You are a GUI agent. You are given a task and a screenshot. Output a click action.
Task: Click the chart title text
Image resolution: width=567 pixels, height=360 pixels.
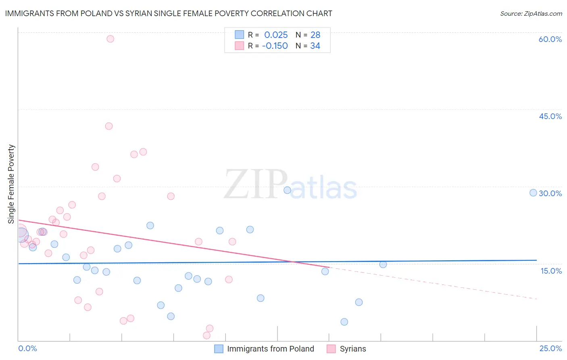pyautogui.click(x=169, y=13)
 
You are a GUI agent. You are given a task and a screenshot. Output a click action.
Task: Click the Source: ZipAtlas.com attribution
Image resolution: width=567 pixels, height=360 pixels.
pyautogui.click(x=531, y=13)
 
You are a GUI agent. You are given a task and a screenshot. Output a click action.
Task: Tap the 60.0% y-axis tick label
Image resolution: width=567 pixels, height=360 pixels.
pyautogui.click(x=550, y=39)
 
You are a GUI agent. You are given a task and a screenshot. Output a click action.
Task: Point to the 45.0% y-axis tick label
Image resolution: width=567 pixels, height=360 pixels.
pyautogui.click(x=550, y=116)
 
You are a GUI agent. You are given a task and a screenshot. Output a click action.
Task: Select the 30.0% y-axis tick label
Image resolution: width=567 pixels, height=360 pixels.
pyautogui.click(x=550, y=193)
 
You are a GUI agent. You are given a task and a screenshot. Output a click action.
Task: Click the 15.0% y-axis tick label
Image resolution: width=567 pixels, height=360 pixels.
pyautogui.click(x=551, y=271)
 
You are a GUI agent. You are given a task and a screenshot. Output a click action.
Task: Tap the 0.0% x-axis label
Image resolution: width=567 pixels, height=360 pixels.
pyautogui.click(x=27, y=348)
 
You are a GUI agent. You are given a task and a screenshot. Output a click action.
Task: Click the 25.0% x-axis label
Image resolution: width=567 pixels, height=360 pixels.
pyautogui.click(x=550, y=348)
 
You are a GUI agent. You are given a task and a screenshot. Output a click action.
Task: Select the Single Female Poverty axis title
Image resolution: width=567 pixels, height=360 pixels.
pyautogui.click(x=11, y=184)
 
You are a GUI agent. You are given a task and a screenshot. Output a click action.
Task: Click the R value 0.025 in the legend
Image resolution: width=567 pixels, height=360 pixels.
pyautogui.click(x=276, y=35)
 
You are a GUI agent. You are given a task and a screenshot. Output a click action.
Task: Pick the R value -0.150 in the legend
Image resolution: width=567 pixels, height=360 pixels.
pyautogui.click(x=275, y=46)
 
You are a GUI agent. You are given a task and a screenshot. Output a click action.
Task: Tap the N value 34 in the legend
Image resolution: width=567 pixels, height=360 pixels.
pyautogui.click(x=315, y=46)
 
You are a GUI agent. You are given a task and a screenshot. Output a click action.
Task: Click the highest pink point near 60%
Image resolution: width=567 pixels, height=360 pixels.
pyautogui.click(x=110, y=39)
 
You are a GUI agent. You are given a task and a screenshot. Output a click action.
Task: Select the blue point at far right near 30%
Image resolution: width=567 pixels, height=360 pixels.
pyautogui.click(x=533, y=193)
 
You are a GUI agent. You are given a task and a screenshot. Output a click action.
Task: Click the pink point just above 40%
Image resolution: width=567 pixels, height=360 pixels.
pyautogui.click(x=109, y=126)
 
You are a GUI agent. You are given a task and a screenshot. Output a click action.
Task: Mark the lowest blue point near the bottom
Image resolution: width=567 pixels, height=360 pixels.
pyautogui.click(x=344, y=322)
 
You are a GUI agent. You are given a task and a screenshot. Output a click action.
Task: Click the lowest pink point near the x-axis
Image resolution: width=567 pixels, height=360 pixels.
pyautogui.click(x=206, y=335)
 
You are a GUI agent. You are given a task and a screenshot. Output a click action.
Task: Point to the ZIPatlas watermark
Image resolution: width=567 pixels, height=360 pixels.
pyautogui.click(x=290, y=185)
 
